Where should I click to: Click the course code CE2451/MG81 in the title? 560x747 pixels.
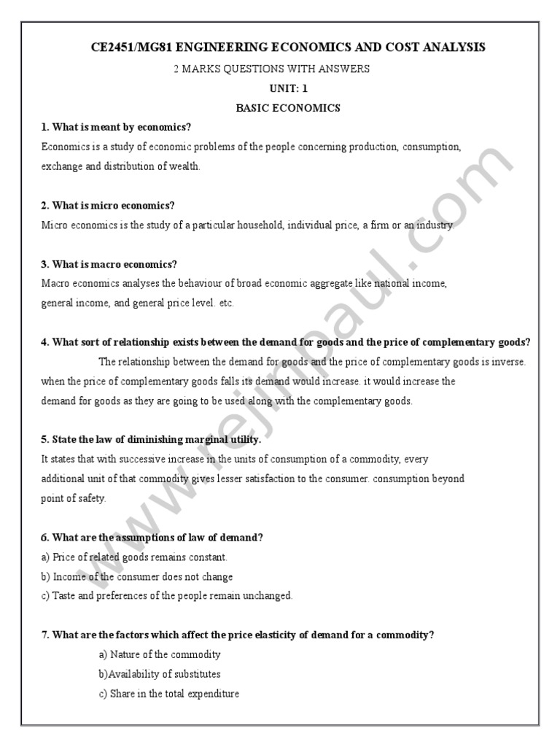(x=134, y=47)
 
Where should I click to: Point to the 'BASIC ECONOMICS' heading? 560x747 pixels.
(x=289, y=108)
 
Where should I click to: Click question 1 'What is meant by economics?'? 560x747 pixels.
(x=116, y=127)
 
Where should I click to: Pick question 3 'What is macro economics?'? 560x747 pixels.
(x=109, y=264)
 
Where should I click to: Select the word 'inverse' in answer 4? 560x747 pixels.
(x=508, y=362)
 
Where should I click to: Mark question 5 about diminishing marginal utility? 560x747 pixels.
(x=151, y=441)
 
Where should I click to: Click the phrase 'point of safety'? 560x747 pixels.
(x=74, y=499)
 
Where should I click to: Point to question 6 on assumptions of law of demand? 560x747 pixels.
(x=152, y=538)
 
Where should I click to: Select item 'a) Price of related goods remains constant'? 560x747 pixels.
(x=135, y=557)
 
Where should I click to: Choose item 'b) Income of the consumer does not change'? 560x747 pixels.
(x=137, y=577)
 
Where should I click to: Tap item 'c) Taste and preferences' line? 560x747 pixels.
(x=167, y=596)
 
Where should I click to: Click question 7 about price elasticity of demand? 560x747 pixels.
(x=238, y=635)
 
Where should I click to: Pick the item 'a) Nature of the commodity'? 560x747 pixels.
(x=160, y=655)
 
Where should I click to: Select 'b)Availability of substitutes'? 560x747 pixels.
(x=160, y=675)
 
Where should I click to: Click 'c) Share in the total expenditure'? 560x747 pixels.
(x=169, y=694)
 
